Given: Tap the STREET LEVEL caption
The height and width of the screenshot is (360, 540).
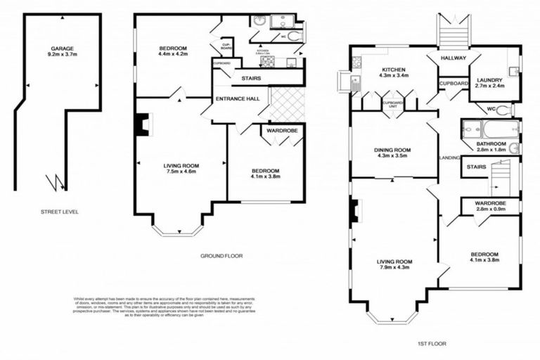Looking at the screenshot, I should pos(59,211).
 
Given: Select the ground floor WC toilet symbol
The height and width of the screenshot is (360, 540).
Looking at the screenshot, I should pos(294,36).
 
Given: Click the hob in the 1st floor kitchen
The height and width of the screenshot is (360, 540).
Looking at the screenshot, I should pos(356,63).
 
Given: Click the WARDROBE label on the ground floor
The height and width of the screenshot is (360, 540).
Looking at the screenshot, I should pos(283,130).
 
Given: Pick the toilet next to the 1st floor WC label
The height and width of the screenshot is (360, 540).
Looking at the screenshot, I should pos(504,110).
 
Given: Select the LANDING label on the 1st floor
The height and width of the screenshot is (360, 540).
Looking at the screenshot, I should pos(448,157).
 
